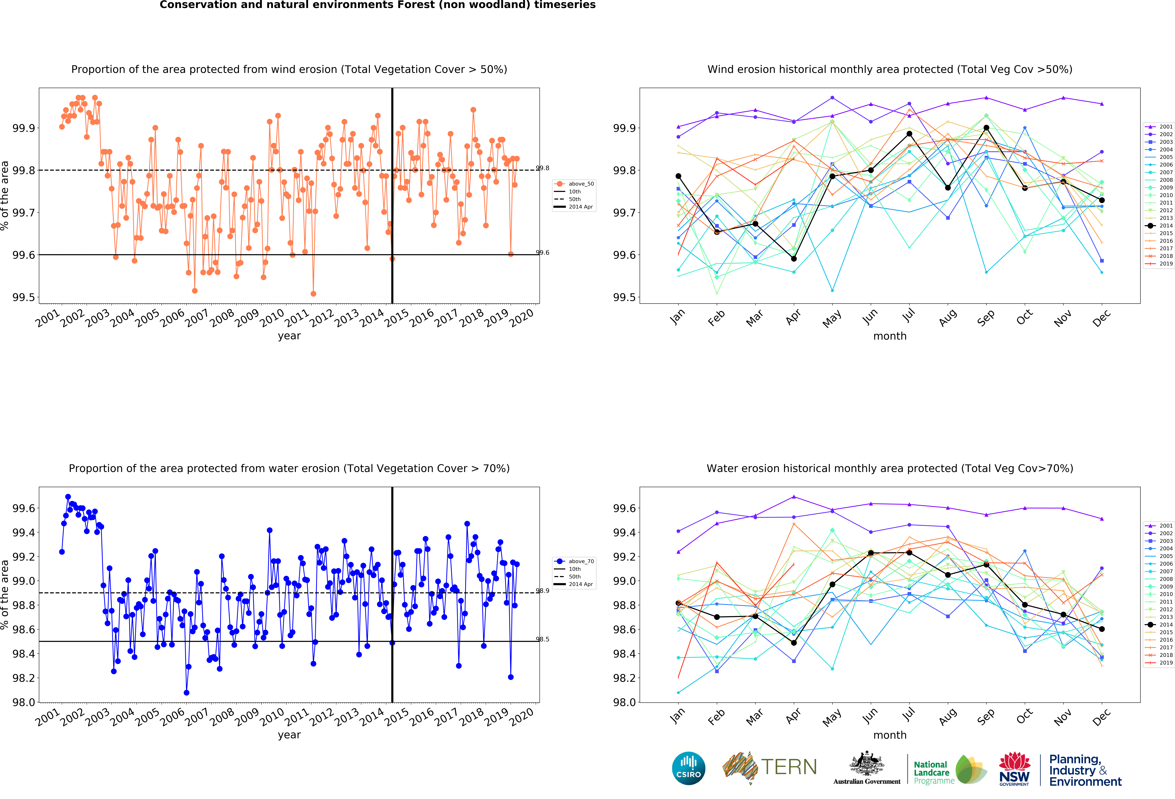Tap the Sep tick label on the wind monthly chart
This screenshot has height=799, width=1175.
985,318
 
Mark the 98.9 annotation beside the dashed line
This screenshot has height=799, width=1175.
542,590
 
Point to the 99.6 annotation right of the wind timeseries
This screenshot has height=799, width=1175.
542,252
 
